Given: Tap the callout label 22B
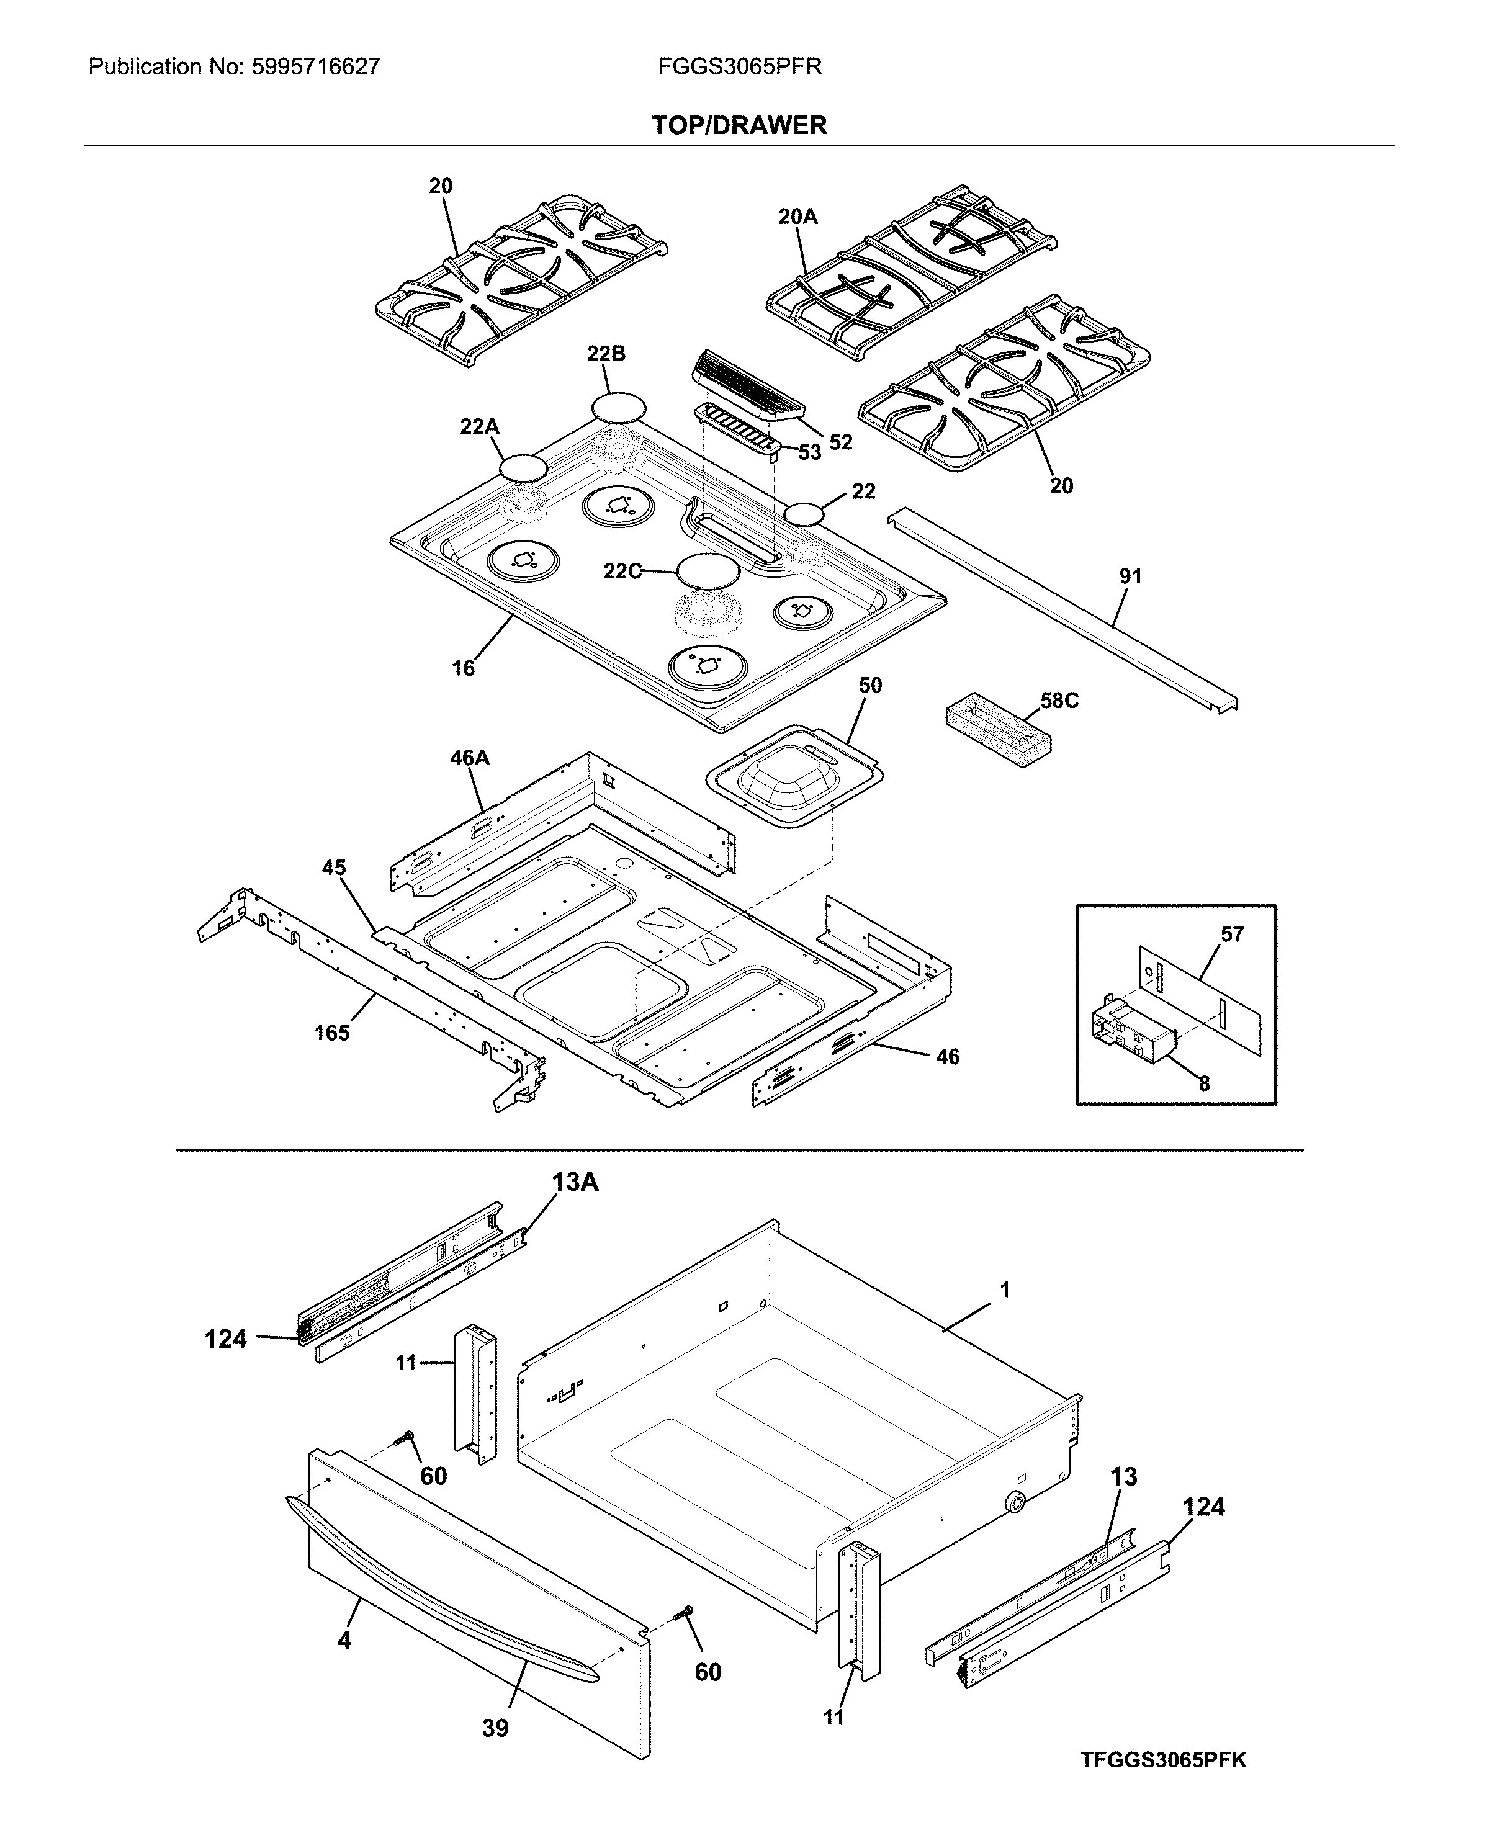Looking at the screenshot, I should [605, 354].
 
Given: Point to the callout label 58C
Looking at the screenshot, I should [1059, 701].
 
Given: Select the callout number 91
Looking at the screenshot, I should [1131, 576].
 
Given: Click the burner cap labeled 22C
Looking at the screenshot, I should [708, 570].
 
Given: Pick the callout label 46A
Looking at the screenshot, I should [469, 758].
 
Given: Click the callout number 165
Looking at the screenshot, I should [331, 1033].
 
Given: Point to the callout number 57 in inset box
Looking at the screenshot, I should [1232, 934].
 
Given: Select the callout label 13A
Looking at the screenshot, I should [576, 1182].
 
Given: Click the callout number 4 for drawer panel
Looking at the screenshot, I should [344, 1640].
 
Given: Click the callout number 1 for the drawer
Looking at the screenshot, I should [1004, 1290].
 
